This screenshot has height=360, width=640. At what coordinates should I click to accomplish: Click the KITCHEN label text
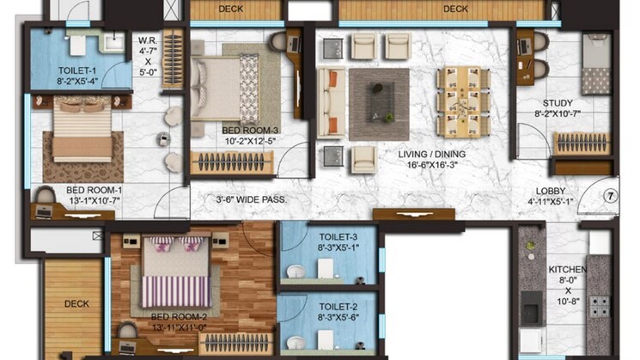568,270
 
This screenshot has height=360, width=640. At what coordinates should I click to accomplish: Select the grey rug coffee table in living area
378,104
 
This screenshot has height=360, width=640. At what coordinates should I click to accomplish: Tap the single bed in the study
595,64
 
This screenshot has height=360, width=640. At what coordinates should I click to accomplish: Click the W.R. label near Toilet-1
146,40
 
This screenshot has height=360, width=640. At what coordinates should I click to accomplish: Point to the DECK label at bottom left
76,303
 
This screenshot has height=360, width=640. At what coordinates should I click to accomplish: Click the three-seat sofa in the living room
331,103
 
